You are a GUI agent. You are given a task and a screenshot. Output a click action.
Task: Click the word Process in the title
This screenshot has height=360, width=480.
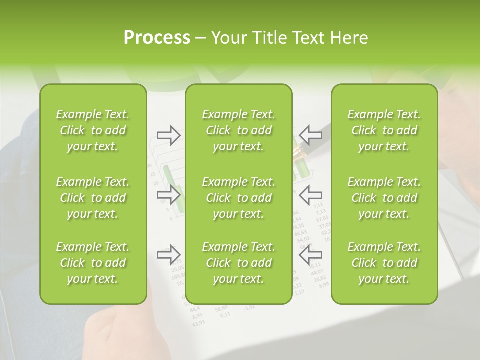click(157, 38)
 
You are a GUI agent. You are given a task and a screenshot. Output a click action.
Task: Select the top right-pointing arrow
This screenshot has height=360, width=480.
click(168, 134)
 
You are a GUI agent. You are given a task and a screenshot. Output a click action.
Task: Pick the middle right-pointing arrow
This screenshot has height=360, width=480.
click(168, 194)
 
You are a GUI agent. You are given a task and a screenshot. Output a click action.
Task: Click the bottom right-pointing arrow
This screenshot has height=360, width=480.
click(168, 254)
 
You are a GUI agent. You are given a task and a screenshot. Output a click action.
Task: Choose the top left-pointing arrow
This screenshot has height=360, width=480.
click(311, 134)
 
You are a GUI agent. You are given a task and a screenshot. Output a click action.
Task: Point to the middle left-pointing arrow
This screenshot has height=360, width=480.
click(311, 194)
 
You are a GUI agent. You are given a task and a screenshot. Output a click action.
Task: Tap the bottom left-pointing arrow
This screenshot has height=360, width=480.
click(311, 254)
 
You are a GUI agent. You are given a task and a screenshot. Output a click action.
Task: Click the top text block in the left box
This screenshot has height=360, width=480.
click(93, 130)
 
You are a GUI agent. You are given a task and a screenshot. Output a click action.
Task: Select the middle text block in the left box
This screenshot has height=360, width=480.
click(93, 198)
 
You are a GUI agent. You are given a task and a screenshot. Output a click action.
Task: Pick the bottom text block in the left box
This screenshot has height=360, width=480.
click(93, 263)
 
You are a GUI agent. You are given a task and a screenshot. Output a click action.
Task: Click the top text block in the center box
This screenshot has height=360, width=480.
click(239, 130)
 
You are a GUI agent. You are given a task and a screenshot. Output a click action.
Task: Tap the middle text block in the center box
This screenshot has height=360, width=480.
click(239, 198)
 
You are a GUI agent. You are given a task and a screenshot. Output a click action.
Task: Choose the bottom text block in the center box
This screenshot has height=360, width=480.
click(239, 263)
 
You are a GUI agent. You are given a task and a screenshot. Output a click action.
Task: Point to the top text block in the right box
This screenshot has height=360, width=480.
click(384, 130)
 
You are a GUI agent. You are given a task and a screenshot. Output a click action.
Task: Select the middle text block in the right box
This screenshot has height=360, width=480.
click(384, 198)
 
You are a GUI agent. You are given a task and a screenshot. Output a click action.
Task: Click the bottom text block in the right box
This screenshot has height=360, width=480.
click(384, 263)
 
